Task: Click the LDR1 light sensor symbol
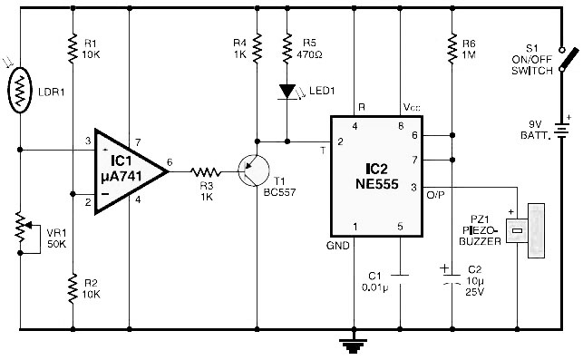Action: [20, 91]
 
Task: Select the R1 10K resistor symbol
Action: [73, 47]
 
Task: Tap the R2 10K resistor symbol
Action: [73, 288]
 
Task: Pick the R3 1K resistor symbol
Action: [206, 171]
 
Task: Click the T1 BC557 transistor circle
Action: [254, 170]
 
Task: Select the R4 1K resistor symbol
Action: [257, 47]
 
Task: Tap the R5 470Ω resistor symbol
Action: [287, 48]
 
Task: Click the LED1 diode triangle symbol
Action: [287, 91]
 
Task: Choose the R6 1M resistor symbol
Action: [452, 48]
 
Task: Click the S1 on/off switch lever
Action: [568, 59]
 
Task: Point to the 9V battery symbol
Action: [562, 131]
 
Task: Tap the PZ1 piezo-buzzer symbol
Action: [526, 230]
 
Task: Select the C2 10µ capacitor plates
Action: [452, 279]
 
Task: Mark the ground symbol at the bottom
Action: [354, 345]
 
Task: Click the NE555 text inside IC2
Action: [377, 184]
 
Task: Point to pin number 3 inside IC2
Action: [413, 188]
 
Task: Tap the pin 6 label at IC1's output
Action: [170, 162]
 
